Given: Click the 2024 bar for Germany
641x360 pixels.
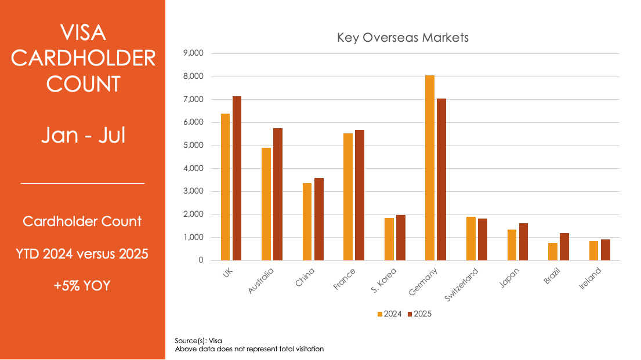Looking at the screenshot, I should [x=430, y=168].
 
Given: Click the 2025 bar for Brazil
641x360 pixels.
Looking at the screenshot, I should [x=564, y=247].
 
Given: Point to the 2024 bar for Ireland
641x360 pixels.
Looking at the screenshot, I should [x=593, y=251].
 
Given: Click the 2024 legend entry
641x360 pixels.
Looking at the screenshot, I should [x=390, y=314].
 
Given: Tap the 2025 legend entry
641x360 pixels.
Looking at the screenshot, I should [x=419, y=314].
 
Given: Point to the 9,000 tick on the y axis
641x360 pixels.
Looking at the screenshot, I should [x=193, y=53].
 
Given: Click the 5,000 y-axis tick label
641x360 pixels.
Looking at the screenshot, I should [x=193, y=146].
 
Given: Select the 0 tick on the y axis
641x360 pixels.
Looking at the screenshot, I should [x=201, y=260].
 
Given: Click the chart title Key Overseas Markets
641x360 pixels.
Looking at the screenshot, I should [x=403, y=38].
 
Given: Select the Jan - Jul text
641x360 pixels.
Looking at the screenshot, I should [x=82, y=136].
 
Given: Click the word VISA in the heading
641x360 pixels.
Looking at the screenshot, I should [x=83, y=32].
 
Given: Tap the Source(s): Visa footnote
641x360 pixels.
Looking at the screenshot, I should [x=198, y=340].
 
